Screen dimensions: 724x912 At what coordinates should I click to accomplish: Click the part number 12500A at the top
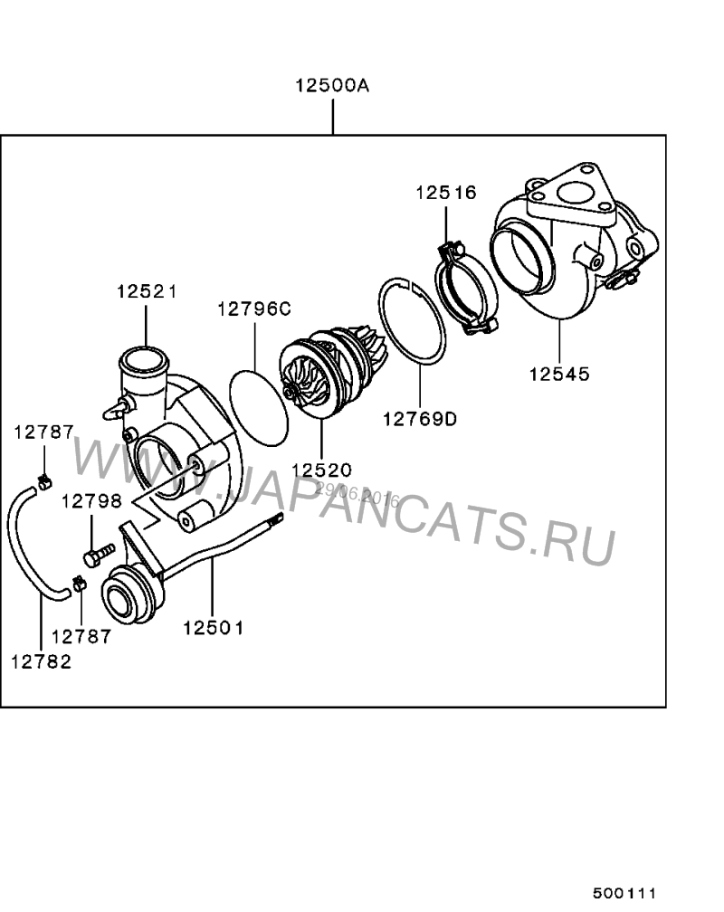(x=332, y=85)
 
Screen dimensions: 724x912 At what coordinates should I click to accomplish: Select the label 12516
(x=446, y=193)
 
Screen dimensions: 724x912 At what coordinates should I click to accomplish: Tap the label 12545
(x=559, y=374)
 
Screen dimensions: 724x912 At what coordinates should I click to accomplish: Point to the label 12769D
(x=420, y=419)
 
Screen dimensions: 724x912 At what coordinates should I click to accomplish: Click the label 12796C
(x=254, y=309)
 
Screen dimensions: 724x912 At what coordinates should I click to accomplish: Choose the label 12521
(x=147, y=291)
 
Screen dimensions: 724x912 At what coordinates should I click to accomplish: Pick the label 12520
(x=321, y=470)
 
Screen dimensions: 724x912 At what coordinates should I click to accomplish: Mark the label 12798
(x=92, y=501)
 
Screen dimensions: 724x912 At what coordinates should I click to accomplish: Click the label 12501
(x=213, y=628)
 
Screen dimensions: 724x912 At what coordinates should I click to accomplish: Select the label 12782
(x=42, y=662)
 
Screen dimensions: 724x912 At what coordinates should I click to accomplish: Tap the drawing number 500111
(x=624, y=893)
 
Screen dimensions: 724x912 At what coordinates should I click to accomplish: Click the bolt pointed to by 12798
(x=99, y=555)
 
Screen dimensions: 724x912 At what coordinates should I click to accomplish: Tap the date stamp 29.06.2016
(x=357, y=494)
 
